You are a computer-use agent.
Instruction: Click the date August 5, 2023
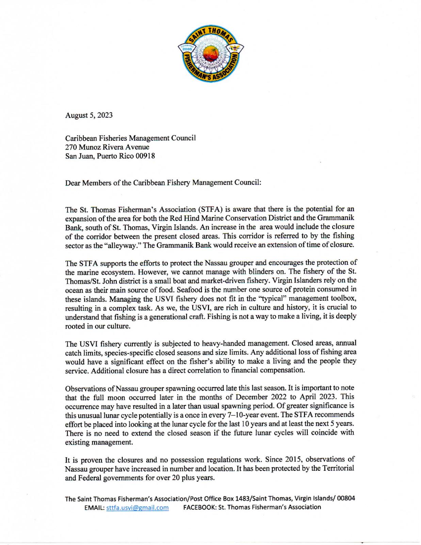[89, 115]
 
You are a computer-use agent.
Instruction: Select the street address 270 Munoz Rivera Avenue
[107, 147]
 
